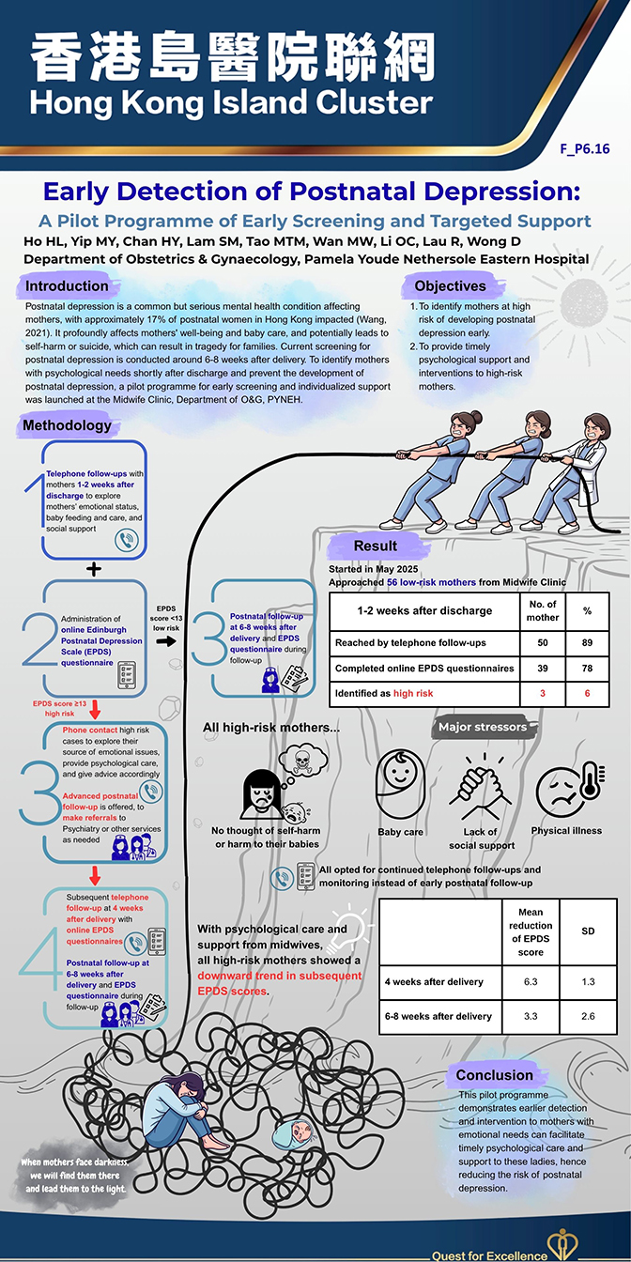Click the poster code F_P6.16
pyautogui.click(x=585, y=148)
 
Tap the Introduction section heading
pyautogui.click(x=67, y=285)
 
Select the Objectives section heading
pyautogui.click(x=451, y=285)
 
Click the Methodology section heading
pyautogui.click(x=67, y=425)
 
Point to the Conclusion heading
pyautogui.click(x=494, y=1075)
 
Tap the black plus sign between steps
pyautogui.click(x=92, y=569)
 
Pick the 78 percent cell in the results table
pyautogui.click(x=587, y=668)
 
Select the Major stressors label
pyautogui.click(x=483, y=727)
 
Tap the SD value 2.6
pyautogui.click(x=587, y=1016)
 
